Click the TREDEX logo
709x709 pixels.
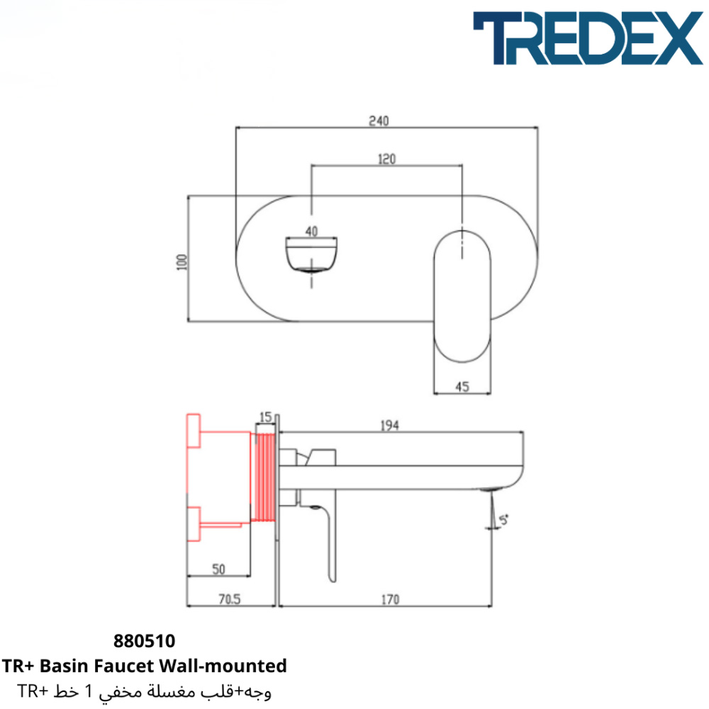(588, 38)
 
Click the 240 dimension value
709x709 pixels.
(379, 121)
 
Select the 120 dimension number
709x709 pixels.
(386, 159)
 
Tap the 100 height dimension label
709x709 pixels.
(182, 262)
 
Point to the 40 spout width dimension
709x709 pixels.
(311, 232)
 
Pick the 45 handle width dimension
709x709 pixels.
(462, 386)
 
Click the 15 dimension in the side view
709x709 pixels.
(266, 417)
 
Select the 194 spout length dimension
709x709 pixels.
(390, 425)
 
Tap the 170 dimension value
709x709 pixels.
(390, 600)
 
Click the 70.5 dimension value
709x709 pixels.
(230, 599)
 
